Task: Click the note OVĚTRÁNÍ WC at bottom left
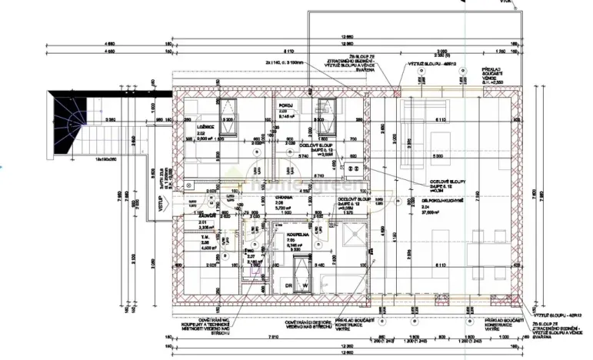tap(218, 321)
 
